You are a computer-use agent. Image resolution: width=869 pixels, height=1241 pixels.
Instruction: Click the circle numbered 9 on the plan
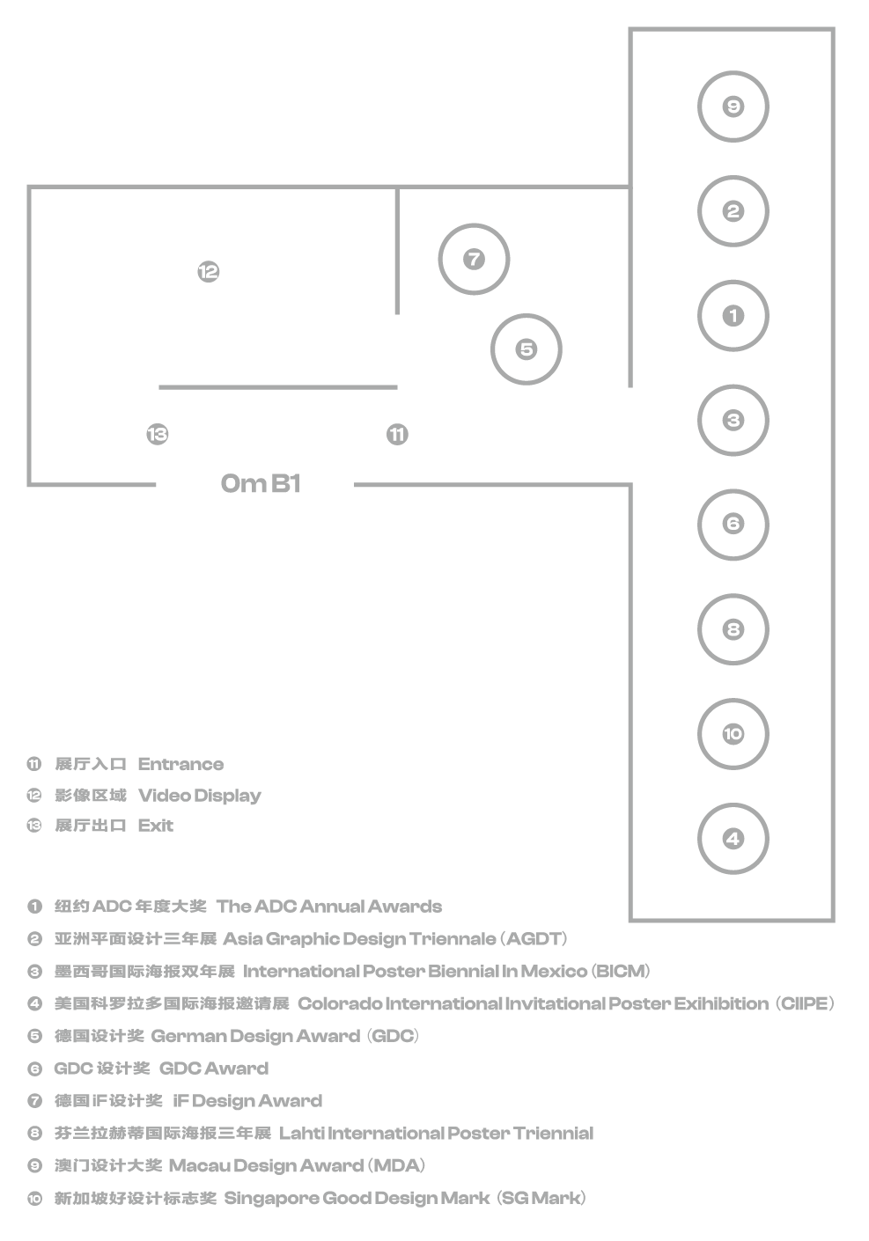pos(733,106)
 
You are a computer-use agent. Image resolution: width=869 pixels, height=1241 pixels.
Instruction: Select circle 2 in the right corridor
pos(733,211)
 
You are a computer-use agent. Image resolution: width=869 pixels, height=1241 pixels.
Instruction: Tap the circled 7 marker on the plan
pos(474,259)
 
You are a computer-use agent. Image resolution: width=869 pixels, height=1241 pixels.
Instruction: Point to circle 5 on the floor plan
pos(526,349)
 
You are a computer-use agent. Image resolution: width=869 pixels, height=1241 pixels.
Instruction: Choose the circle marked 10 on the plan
pos(733,733)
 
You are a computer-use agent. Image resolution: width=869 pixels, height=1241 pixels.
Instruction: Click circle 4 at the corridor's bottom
pos(733,838)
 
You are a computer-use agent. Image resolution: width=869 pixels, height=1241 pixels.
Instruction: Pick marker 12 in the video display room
pos(208,272)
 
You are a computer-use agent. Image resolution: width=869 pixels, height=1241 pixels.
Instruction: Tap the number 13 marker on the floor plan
pos(158,434)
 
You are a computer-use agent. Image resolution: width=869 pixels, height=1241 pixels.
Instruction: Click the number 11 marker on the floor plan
pos(397,434)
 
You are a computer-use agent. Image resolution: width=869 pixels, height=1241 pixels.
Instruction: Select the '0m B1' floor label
pos(260,484)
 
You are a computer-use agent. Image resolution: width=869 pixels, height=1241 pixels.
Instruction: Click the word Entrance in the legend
pos(180,764)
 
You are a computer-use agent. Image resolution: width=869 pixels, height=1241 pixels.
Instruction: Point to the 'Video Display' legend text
pos(200,796)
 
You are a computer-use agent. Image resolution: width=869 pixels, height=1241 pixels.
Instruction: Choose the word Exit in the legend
pos(156,826)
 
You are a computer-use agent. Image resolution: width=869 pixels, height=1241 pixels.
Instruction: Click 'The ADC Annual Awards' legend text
pos(329,907)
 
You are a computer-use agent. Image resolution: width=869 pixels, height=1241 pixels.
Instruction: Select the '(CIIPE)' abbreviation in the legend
pos(806,1003)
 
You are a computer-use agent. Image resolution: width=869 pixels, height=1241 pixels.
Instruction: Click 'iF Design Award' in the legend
pos(247,1101)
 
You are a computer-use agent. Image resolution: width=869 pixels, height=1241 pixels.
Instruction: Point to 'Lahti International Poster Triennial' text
pos(436,1134)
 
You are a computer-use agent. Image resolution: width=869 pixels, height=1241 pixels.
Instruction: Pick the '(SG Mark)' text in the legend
pos(541,1198)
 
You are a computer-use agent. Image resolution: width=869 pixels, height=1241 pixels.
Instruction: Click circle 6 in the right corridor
pos(733,525)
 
